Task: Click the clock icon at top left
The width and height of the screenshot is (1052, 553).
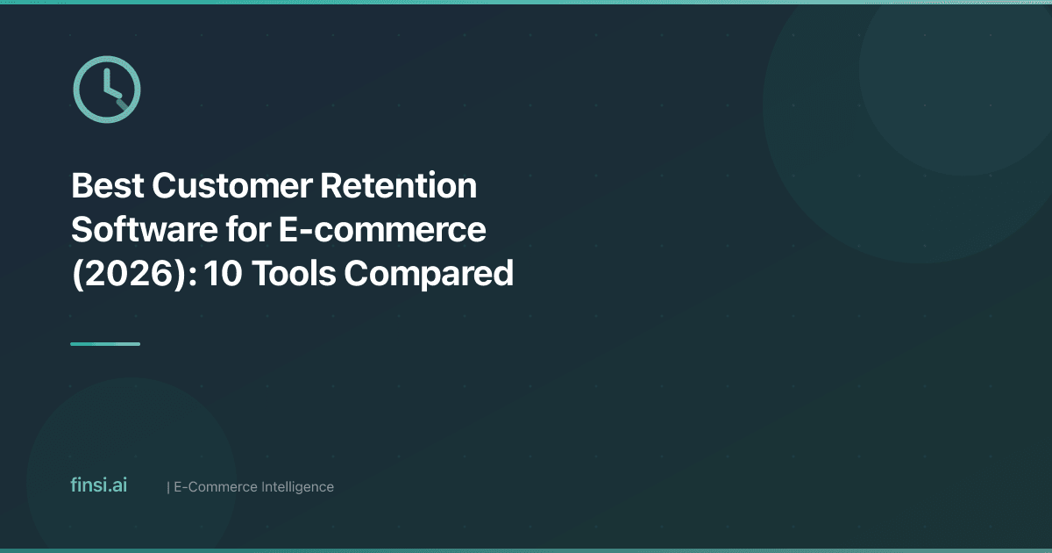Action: point(106,88)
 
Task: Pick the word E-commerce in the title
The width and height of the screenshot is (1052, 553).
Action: point(383,230)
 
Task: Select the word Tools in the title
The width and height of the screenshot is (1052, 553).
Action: point(294,274)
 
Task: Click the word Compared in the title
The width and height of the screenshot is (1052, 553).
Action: point(429,274)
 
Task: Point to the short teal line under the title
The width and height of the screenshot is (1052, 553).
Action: point(105,344)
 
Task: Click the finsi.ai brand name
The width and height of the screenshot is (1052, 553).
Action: point(98,485)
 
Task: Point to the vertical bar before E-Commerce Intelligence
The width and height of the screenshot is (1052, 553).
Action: point(167,486)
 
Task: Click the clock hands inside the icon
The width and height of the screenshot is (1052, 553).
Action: point(110,92)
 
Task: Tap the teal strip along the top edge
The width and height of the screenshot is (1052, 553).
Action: point(526,2)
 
